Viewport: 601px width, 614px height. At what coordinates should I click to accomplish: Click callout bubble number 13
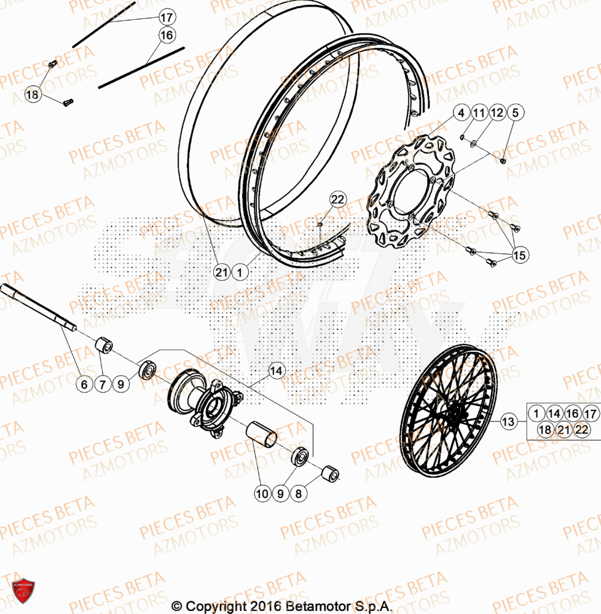pos(508,422)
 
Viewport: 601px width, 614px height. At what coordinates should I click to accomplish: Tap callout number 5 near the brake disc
pos(515,113)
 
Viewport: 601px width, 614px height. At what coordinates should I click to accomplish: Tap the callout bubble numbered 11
pos(479,113)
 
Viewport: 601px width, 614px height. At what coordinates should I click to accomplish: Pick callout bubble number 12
pos(497,113)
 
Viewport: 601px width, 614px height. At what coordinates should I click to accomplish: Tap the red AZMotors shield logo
pos(23,594)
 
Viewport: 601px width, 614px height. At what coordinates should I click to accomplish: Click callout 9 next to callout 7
pos(121,385)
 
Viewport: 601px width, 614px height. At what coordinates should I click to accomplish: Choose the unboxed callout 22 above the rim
pos(337,199)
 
